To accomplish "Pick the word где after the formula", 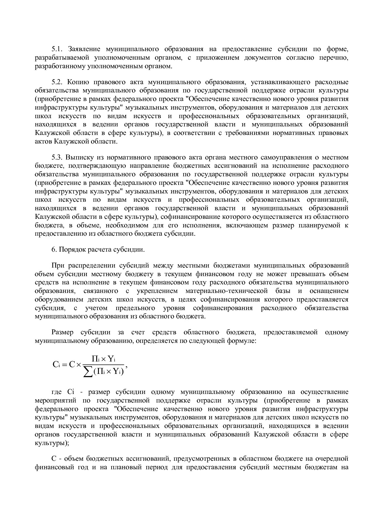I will (x=57, y=392).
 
